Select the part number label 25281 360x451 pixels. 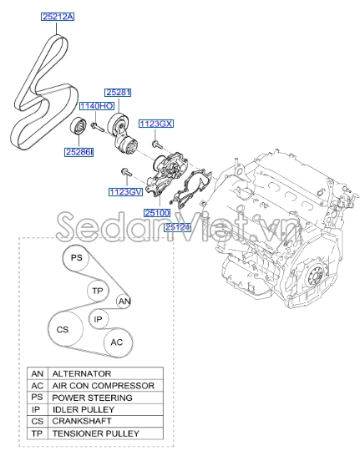tap(118, 92)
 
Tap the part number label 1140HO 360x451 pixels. tap(95, 106)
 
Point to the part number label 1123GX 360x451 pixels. tap(156, 123)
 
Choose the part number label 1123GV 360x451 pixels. tap(124, 191)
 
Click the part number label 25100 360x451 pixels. tap(156, 214)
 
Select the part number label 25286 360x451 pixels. tap(79, 151)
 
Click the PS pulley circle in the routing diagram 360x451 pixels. tap(76, 260)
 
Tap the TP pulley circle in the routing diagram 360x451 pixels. tap(98, 290)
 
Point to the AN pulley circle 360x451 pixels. tap(124, 301)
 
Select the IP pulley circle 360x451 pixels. tap(98, 319)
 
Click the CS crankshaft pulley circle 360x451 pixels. tap(63, 330)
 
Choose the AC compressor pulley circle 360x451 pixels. tap(117, 342)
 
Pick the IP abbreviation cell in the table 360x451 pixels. tap(37, 410)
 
